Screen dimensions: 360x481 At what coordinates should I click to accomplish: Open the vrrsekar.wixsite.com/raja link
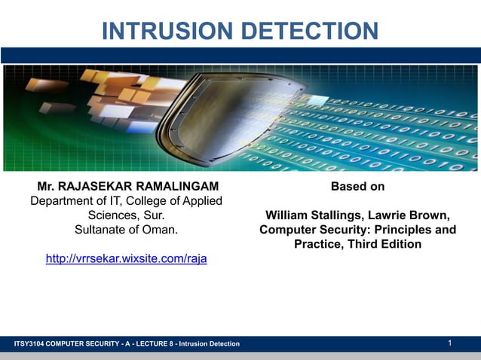126,258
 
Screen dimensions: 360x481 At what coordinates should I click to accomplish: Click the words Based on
357,186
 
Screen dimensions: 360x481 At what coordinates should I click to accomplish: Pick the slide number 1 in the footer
449,343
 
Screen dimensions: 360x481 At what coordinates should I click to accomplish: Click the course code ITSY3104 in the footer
29,344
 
